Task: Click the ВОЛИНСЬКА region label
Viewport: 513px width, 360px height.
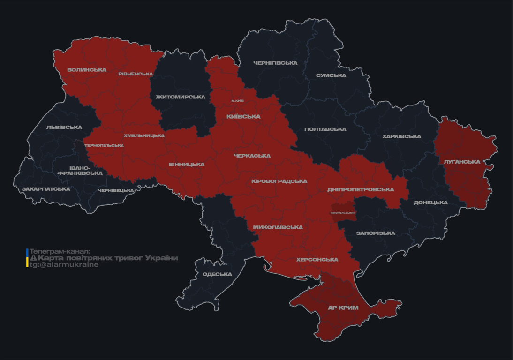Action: click(86, 70)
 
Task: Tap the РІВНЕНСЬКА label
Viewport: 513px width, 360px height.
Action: click(136, 74)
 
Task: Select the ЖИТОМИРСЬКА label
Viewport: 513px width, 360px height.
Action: click(181, 97)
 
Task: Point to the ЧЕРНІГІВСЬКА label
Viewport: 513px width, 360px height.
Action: click(275, 63)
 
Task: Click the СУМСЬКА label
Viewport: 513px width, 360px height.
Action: click(331, 75)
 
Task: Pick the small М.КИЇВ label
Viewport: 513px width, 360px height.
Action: click(237, 101)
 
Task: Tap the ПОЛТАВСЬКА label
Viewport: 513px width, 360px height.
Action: click(325, 129)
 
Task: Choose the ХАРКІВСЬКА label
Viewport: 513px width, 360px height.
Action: click(401, 136)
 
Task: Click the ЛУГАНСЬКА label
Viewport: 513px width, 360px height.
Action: click(462, 162)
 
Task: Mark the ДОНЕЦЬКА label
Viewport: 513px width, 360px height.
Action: click(430, 202)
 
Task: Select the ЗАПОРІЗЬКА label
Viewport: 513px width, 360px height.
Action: click(376, 233)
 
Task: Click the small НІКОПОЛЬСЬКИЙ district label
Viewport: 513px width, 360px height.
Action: click(343, 213)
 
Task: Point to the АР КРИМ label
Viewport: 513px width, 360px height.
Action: click(343, 308)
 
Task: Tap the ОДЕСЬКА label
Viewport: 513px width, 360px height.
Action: click(217, 274)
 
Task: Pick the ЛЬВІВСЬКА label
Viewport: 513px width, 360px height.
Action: click(64, 127)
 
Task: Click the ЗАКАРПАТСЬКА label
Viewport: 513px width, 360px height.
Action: click(46, 189)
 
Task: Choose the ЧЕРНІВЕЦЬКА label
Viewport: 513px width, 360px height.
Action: click(116, 190)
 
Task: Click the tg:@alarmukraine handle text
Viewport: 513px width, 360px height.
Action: click(64, 265)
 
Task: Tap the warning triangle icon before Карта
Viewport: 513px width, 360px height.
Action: click(33, 258)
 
